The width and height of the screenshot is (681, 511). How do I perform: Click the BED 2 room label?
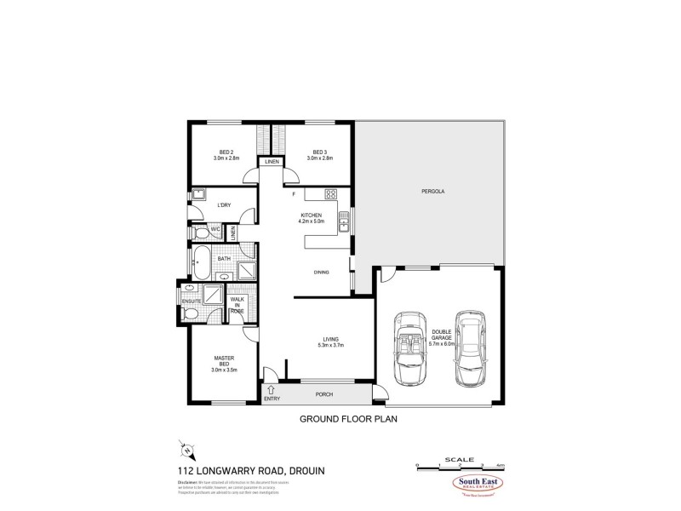[225, 155]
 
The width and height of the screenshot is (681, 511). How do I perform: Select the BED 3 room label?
[320, 155]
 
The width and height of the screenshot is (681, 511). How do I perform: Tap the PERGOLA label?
[433, 192]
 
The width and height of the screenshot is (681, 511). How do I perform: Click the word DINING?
[321, 273]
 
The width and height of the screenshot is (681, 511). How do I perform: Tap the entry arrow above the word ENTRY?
[272, 388]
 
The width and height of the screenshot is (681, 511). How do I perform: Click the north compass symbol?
[186, 448]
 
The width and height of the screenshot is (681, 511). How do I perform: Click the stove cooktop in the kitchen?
[334, 193]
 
